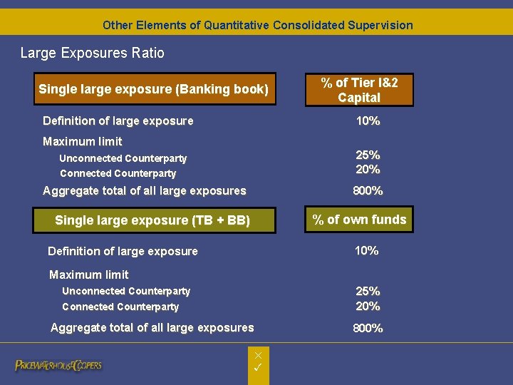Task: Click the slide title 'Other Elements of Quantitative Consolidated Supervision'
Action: (x=257, y=25)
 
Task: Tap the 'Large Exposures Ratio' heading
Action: (x=92, y=53)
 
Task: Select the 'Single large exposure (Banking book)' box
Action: (x=154, y=89)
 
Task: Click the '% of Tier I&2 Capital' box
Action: (x=359, y=90)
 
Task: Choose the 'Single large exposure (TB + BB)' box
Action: (x=153, y=220)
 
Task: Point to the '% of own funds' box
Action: (x=359, y=220)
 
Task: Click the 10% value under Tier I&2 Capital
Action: (x=368, y=121)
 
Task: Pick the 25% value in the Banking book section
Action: (x=368, y=155)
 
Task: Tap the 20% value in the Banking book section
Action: (x=368, y=170)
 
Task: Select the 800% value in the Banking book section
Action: (x=368, y=191)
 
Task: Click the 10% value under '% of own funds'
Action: (x=366, y=250)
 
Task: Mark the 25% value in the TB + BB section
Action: (x=368, y=292)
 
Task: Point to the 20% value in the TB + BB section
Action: (x=368, y=307)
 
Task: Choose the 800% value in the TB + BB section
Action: (x=368, y=329)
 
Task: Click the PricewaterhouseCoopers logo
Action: (x=58, y=366)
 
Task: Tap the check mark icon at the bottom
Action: (x=258, y=367)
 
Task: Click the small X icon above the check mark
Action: (x=258, y=355)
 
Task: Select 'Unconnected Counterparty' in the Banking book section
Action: (x=123, y=158)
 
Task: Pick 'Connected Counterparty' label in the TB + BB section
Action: (x=120, y=307)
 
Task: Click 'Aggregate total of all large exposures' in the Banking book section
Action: (x=144, y=191)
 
